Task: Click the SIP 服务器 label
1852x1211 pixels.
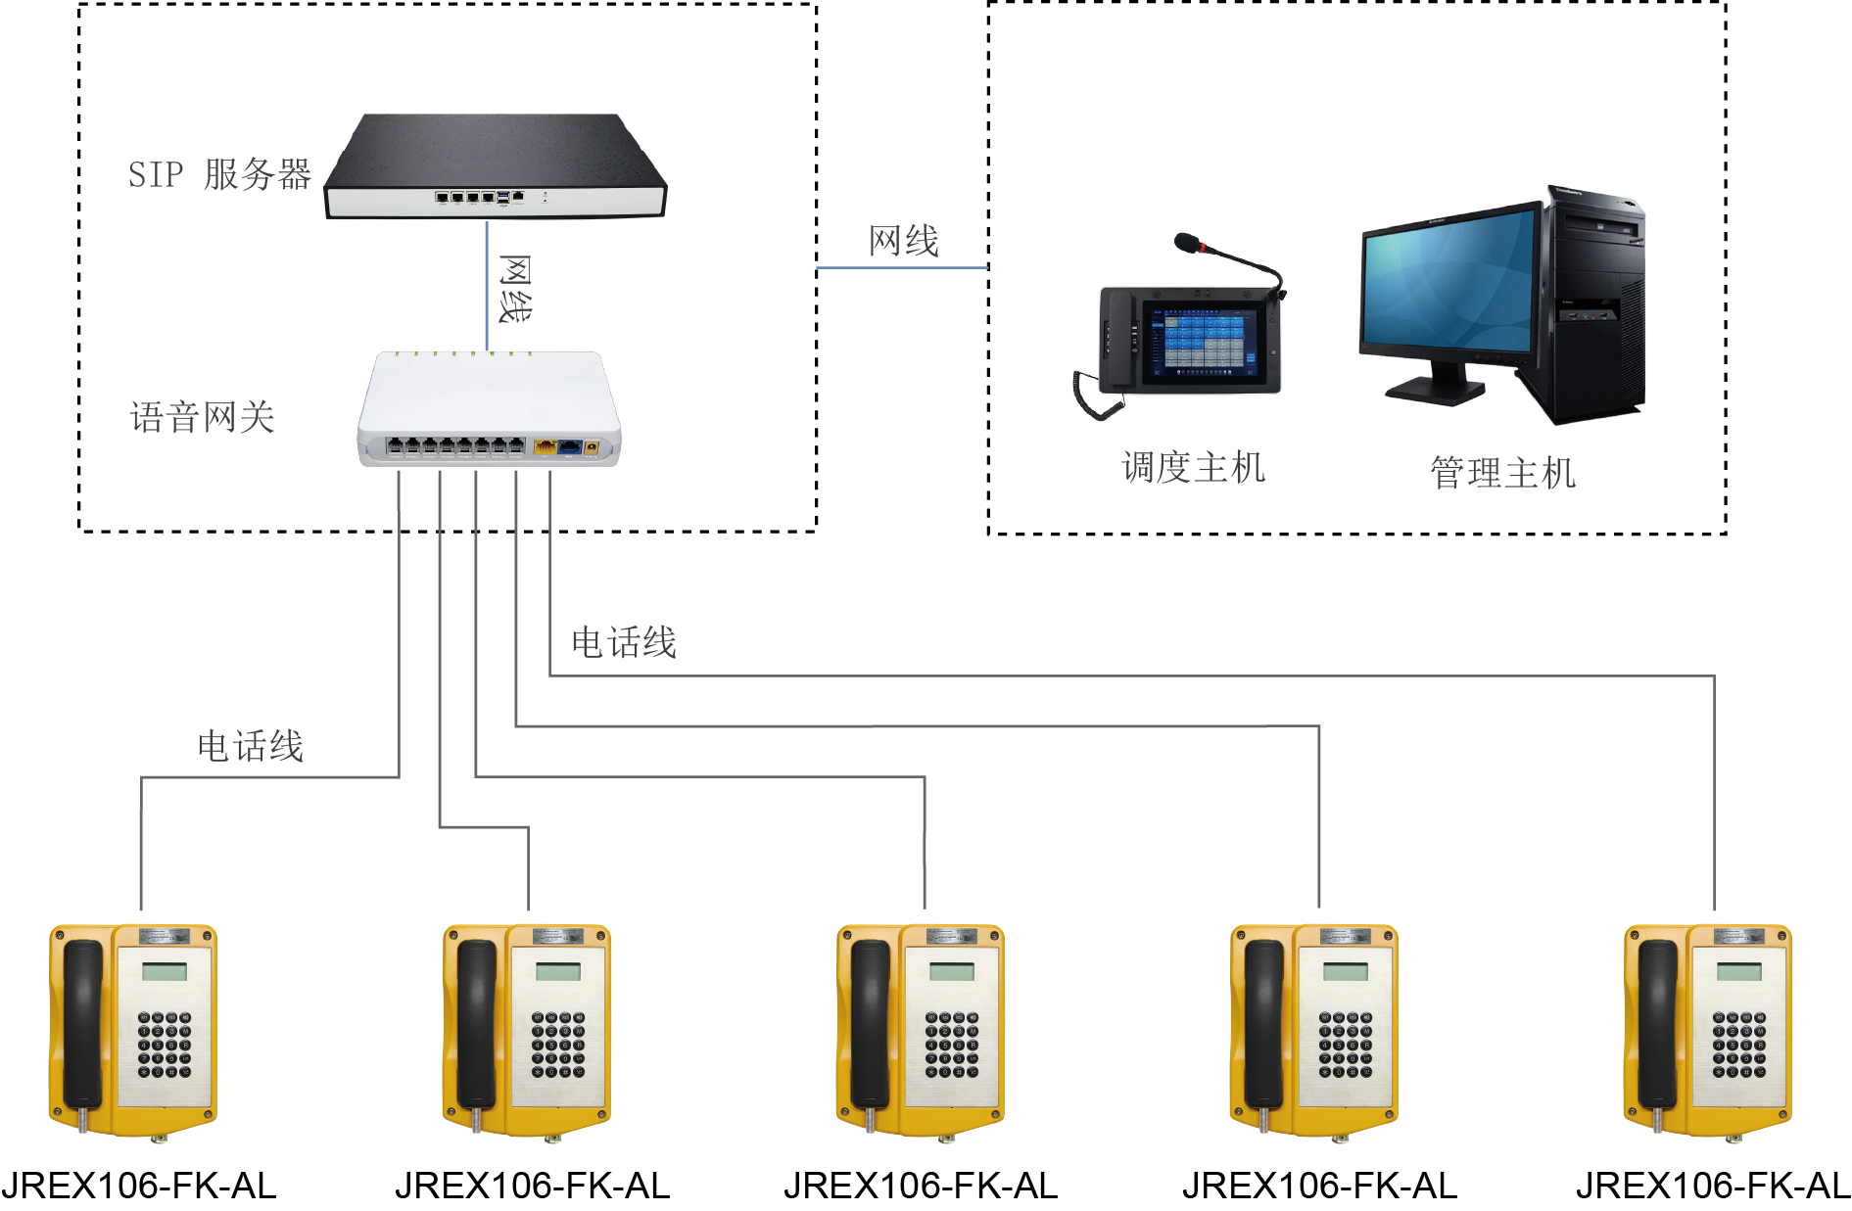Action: (219, 174)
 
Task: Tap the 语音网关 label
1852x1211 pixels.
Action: (202, 418)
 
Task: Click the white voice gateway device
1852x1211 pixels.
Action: (489, 408)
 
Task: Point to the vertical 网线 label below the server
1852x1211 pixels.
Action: (515, 288)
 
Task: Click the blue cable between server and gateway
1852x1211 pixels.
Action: (487, 285)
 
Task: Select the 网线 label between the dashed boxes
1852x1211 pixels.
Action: (903, 241)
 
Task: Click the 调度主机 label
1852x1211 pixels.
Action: (1193, 468)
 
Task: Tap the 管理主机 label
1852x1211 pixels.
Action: (1502, 473)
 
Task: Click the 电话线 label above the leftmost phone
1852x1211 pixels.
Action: (250, 747)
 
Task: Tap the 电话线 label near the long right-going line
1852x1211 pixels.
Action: (624, 643)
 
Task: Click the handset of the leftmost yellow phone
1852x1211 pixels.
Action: (82, 1023)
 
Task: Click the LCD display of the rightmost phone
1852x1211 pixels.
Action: (1738, 972)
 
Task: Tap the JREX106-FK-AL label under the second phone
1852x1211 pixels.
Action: (532, 1187)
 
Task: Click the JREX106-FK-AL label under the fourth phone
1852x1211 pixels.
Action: (1319, 1187)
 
